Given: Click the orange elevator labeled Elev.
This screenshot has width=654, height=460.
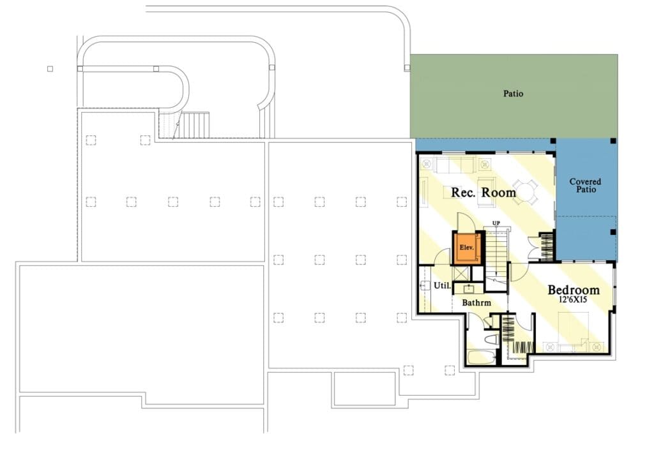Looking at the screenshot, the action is coord(467,248).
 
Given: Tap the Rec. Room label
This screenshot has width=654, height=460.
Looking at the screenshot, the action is coord(483,193).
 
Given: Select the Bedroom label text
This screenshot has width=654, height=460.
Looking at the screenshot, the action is coord(574,290).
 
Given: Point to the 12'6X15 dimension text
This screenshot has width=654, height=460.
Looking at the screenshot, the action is coord(573,299).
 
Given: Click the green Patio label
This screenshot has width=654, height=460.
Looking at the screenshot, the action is coord(513,93).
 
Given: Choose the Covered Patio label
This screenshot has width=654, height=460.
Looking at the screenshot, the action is coord(586,186).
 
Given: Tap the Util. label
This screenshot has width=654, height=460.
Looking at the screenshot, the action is coord(442,286).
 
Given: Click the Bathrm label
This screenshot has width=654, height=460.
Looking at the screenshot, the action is coord(476,303).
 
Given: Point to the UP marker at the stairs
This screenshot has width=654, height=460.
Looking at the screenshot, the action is coord(496,224).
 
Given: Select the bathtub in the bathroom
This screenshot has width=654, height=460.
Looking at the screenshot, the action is coord(482,357).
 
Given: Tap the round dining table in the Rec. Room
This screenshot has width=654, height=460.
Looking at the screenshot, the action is coord(525,191).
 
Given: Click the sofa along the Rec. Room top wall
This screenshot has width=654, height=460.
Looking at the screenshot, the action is coord(454,165).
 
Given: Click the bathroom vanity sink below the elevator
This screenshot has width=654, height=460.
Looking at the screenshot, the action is coord(469,288).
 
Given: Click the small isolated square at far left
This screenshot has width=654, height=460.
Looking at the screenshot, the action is coord(50,69).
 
